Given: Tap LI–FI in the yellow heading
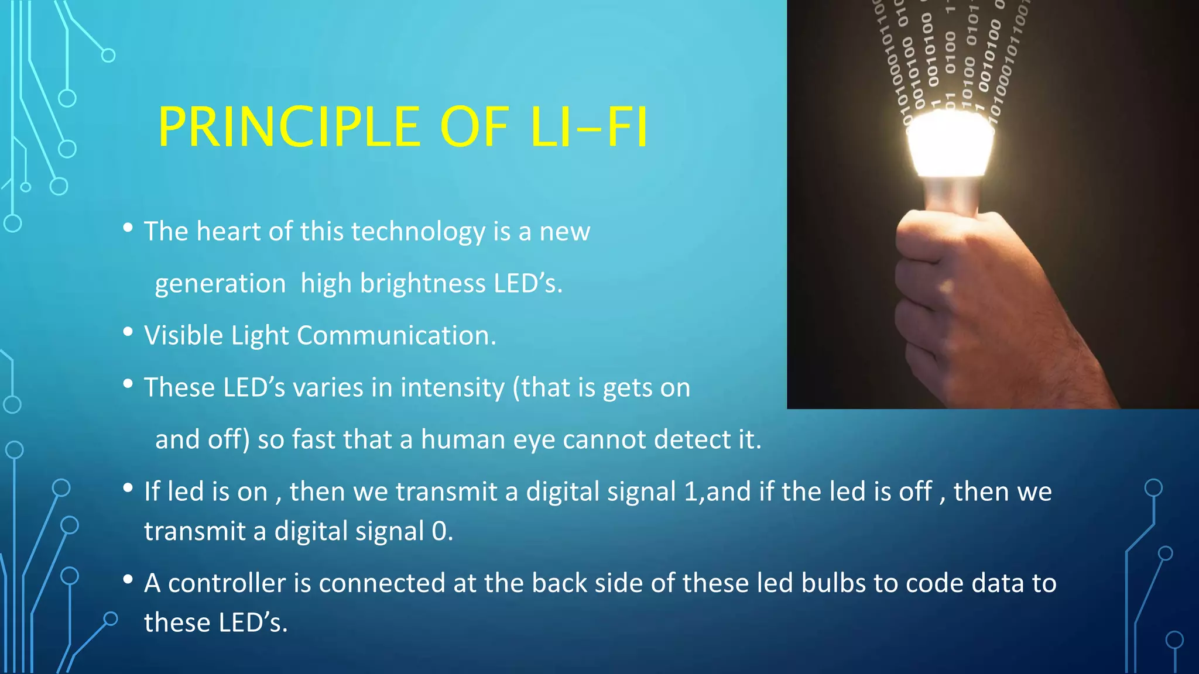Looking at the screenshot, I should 588,127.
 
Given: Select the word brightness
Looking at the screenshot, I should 422,284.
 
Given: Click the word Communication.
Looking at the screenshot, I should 396,336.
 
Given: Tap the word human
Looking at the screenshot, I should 463,439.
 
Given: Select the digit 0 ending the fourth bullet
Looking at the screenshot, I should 439,531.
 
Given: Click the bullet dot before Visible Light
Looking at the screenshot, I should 128,332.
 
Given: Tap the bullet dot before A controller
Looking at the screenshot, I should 128,580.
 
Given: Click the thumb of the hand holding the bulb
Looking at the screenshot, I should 937,234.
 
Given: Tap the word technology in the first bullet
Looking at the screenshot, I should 418,232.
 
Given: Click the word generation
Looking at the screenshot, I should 220,284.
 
